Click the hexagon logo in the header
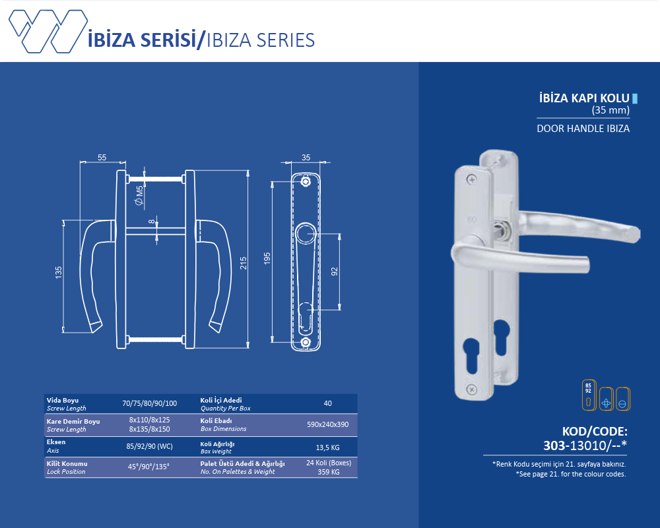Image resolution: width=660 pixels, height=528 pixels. click(x=48, y=31)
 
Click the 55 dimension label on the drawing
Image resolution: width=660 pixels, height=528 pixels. click(x=102, y=158)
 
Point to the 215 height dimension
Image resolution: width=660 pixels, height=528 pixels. click(x=244, y=263)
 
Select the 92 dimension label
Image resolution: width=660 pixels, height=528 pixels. click(x=335, y=271)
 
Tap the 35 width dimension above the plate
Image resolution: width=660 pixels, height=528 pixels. click(x=306, y=158)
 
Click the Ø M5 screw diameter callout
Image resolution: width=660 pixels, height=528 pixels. click(x=139, y=195)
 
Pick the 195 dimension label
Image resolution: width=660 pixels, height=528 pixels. click(x=267, y=259)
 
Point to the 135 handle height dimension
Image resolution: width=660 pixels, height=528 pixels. click(x=59, y=272)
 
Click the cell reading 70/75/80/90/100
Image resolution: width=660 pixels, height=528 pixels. click(x=149, y=403)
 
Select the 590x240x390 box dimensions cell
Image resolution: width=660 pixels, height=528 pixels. click(x=327, y=424)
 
